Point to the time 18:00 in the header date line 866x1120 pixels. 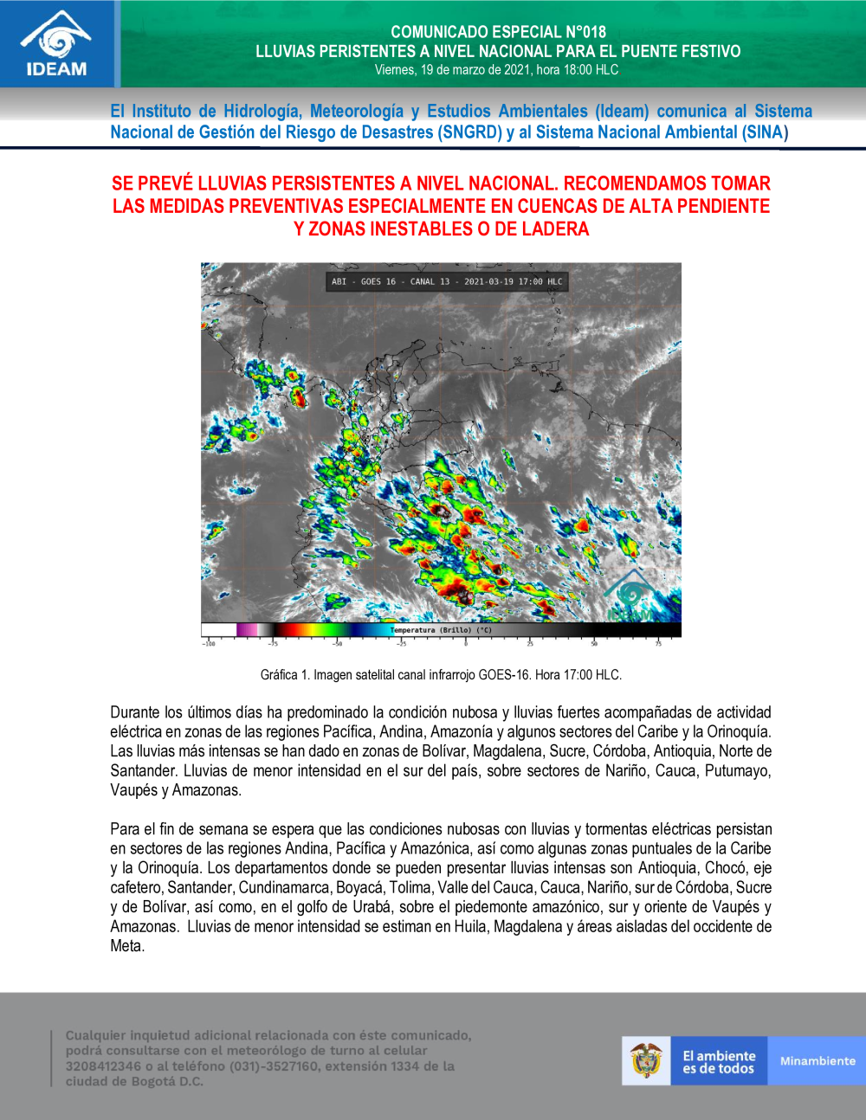point(578,70)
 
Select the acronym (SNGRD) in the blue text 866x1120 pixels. point(471,132)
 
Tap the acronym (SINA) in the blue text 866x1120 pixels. point(765,132)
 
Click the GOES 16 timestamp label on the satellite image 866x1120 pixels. point(447,281)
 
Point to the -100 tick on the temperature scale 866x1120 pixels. point(209,643)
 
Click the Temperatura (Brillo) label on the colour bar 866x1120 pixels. point(442,630)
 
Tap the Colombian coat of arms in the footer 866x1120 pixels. point(646,1060)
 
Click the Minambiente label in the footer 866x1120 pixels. point(817,1061)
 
